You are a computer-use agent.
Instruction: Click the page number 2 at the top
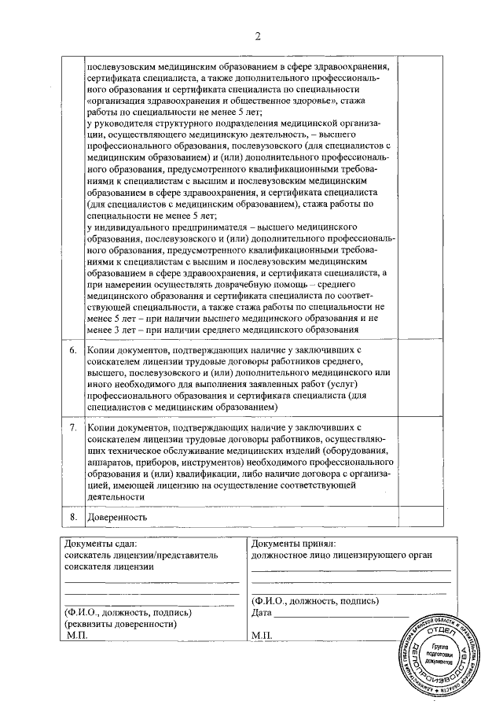pos(256,36)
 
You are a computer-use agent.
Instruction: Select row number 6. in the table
pos(72,348)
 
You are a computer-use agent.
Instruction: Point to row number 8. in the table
pos(72,517)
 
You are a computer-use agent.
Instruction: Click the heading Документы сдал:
pos(101,543)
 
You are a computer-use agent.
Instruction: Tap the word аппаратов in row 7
pos(112,462)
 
